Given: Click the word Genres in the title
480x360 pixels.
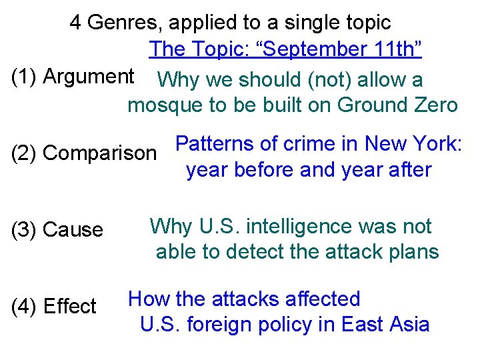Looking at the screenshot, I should (124, 23).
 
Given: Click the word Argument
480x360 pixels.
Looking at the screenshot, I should (89, 77).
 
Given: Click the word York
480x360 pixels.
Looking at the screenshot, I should (437, 144).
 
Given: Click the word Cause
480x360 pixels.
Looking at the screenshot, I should (73, 230).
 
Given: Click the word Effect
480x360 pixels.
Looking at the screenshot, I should (70, 307).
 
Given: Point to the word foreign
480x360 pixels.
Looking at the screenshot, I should (213, 325).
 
